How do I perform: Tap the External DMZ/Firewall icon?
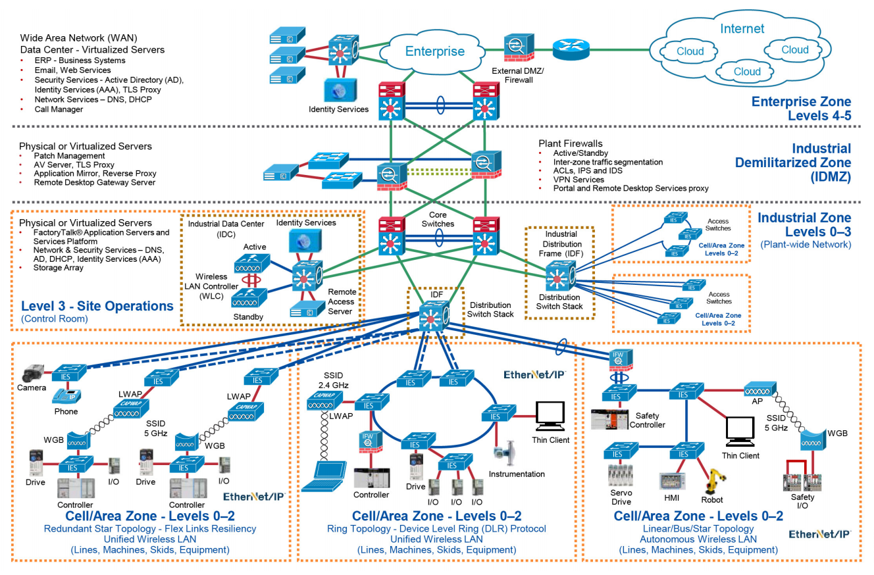click(x=519, y=47)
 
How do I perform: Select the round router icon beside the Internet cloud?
click(x=571, y=49)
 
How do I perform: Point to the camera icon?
click(x=33, y=373)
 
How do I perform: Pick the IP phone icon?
click(x=66, y=396)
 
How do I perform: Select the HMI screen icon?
click(x=672, y=481)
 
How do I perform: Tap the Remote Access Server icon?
click(x=307, y=309)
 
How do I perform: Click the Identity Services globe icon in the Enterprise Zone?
click(x=340, y=91)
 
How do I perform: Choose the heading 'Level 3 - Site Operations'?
click(x=97, y=306)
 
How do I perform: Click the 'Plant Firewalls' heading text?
click(x=571, y=143)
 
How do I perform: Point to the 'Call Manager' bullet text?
click(x=59, y=109)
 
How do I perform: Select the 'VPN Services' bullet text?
click(x=578, y=180)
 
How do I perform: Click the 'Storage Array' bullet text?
click(x=58, y=268)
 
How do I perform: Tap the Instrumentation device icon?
click(x=505, y=453)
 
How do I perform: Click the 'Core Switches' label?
click(x=438, y=219)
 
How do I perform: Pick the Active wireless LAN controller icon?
click(x=252, y=263)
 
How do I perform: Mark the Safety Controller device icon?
click(x=609, y=419)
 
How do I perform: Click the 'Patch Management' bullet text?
click(x=69, y=156)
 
